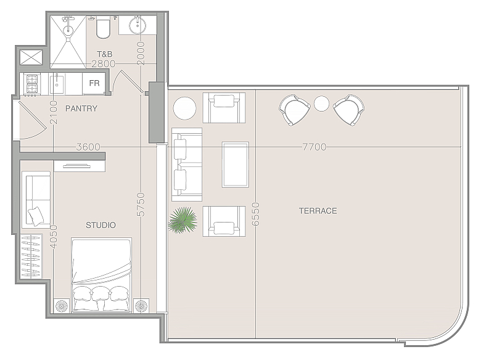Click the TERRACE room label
coord(318,211)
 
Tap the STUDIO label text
coord(101,226)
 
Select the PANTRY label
coord(81,108)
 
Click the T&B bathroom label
coord(105,54)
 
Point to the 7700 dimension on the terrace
coord(314,147)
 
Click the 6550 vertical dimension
coord(256,214)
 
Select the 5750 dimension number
coord(141,205)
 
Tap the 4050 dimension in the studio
coord(54,237)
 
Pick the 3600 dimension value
coord(88,147)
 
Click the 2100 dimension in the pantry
coord(54,113)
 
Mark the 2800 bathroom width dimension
coord(104,63)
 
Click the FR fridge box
coord(94,83)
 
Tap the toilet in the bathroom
coord(103,28)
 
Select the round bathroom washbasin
coord(138,25)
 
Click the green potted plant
coord(183,220)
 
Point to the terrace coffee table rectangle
coord(236,165)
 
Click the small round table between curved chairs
coord(321,104)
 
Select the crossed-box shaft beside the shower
coord(31,57)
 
